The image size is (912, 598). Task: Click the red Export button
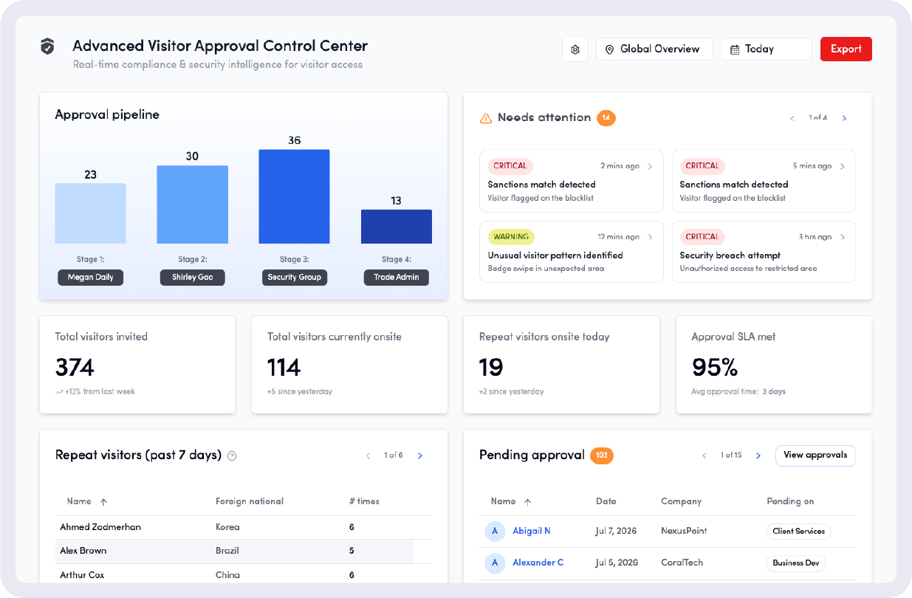(846, 49)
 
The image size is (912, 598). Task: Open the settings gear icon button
(575, 49)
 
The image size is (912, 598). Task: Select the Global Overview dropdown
(654, 49)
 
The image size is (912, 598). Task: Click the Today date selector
(766, 49)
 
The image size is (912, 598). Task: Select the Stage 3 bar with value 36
(294, 196)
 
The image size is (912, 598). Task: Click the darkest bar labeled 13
(396, 227)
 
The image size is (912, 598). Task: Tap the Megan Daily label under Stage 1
(90, 278)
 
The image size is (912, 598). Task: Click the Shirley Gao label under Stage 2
(192, 278)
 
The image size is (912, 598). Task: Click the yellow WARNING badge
(511, 237)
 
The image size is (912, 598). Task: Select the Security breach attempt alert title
(730, 255)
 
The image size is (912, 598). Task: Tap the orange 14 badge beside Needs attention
(606, 118)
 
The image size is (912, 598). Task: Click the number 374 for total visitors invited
(75, 367)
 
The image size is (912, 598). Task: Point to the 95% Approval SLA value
(714, 367)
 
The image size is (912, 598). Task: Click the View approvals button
(815, 456)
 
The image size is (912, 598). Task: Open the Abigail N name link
(531, 531)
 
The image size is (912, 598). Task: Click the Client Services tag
(798, 532)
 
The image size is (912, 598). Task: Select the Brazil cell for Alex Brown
(227, 551)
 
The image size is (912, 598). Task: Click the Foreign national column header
(249, 501)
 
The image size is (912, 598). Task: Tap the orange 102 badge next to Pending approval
(601, 456)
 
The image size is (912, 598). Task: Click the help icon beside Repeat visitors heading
(232, 456)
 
